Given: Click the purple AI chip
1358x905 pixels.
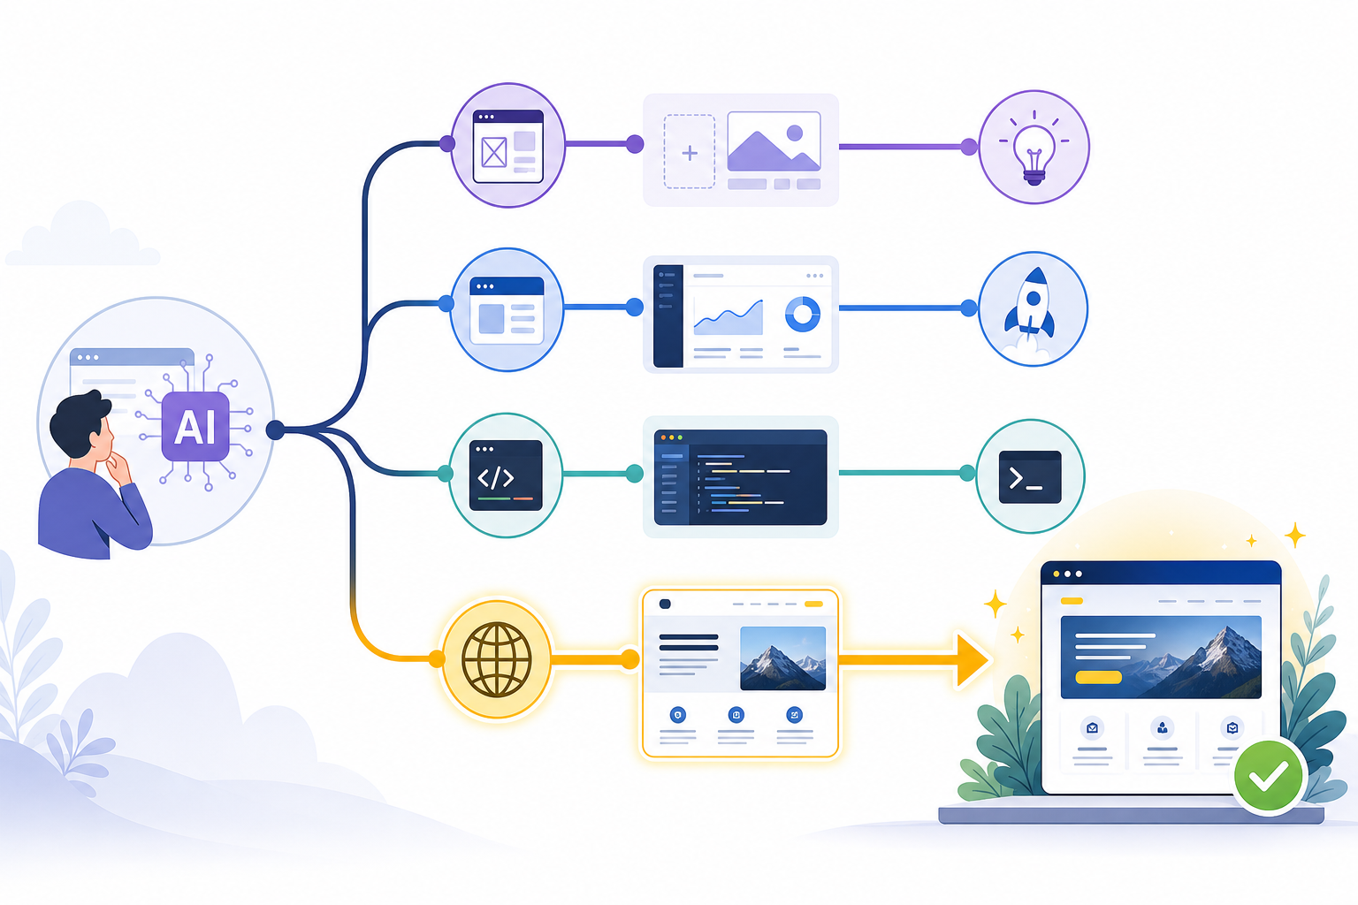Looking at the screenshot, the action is pyautogui.click(x=195, y=426).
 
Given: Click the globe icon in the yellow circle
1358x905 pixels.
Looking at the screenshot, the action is pyautogui.click(x=497, y=659).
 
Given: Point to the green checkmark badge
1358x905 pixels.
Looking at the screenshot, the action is pyautogui.click(x=1269, y=776).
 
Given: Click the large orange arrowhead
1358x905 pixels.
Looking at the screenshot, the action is pyautogui.click(x=972, y=659).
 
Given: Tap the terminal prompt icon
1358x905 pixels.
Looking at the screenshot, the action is pyautogui.click(x=1030, y=477).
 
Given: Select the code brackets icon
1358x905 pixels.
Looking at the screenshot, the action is pyautogui.click(x=506, y=475).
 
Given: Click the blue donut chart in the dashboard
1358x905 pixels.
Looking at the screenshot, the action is pyautogui.click(x=802, y=314).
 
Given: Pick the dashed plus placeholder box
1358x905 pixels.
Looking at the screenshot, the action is pyautogui.click(x=690, y=152).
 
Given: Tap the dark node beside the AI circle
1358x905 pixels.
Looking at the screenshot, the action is pyautogui.click(x=275, y=430).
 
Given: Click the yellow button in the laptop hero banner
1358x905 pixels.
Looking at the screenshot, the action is pyautogui.click(x=1099, y=676).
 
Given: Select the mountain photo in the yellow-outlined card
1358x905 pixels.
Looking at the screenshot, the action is pyautogui.click(x=782, y=658).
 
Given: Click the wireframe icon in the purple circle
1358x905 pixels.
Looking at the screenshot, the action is pyautogui.click(x=507, y=146).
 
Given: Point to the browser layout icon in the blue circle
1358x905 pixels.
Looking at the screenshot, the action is pyautogui.click(x=507, y=310).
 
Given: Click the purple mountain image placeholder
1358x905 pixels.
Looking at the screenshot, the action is pyautogui.click(x=774, y=141).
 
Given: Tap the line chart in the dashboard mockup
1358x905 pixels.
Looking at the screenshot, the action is pyautogui.click(x=729, y=317).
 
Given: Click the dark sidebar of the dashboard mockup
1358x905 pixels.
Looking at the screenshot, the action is pyautogui.click(x=668, y=316).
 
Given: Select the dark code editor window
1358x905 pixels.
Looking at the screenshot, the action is pyautogui.click(x=740, y=477).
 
